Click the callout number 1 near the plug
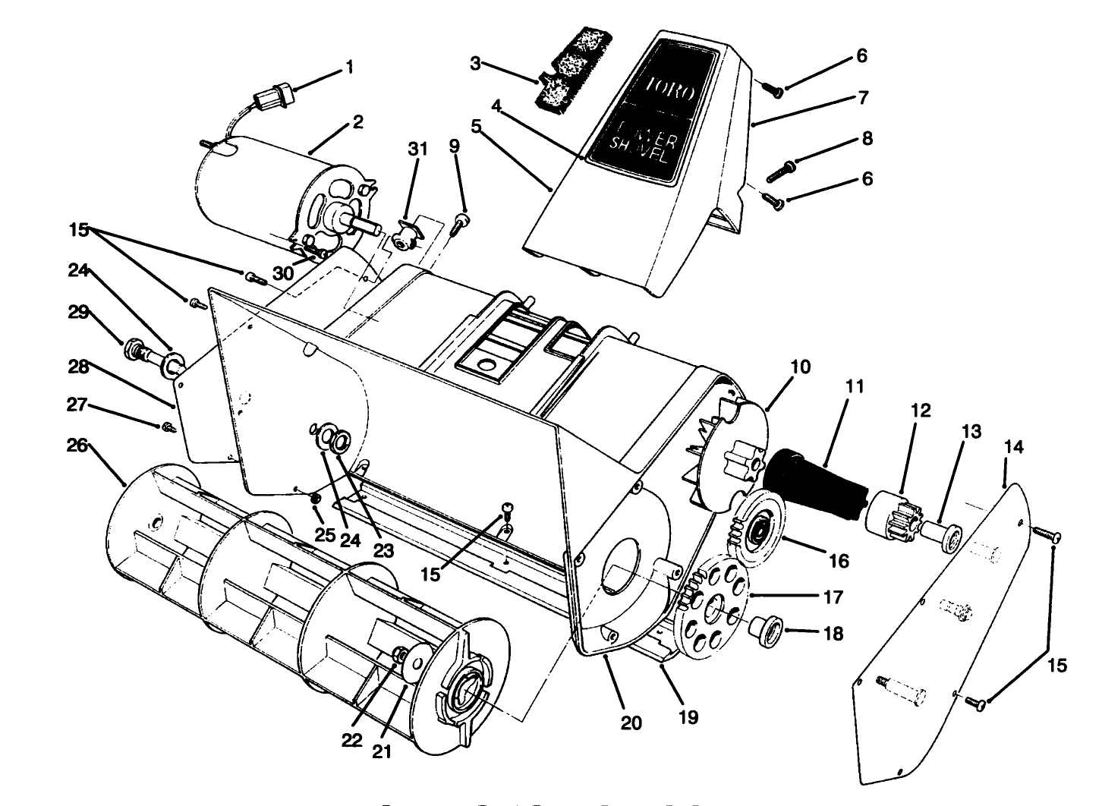[349, 67]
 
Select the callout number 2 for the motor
[357, 121]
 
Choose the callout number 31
[418, 150]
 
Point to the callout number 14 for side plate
[1013, 447]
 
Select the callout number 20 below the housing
[631, 723]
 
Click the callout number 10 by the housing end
[799, 367]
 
